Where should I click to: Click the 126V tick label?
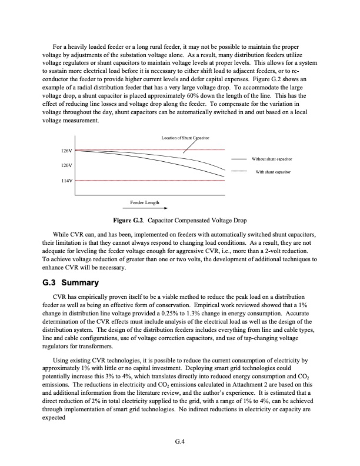[x=66, y=151]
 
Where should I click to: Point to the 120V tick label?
[x=66, y=166]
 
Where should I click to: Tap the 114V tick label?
[x=66, y=180]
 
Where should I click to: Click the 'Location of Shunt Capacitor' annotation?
[x=185, y=138]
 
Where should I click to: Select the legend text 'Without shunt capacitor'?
[x=272, y=159]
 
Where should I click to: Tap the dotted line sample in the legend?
[x=239, y=171]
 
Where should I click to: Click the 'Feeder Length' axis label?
[x=144, y=202]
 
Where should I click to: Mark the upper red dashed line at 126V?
[x=147, y=150]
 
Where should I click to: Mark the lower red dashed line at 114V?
[x=147, y=180]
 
